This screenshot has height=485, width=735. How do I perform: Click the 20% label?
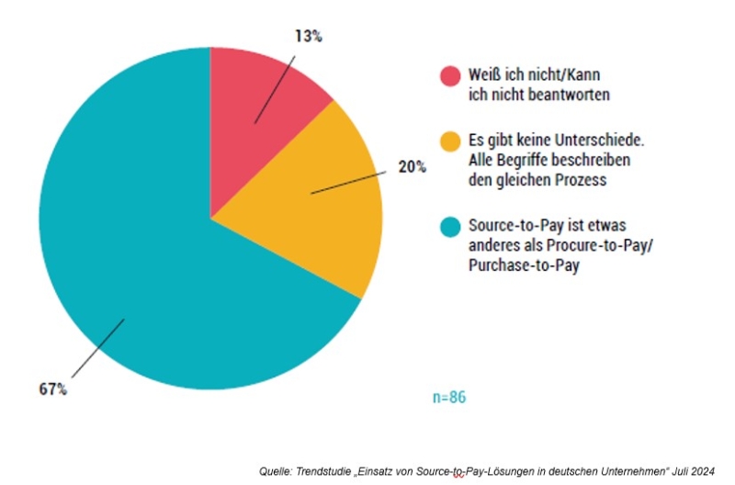[412, 167]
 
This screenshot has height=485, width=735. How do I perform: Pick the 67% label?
[52, 389]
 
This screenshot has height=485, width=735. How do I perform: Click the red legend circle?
[449, 75]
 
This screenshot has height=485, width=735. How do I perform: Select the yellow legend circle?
[449, 142]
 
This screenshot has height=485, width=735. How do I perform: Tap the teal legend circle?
[449, 226]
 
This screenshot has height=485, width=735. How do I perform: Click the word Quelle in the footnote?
[277, 470]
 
